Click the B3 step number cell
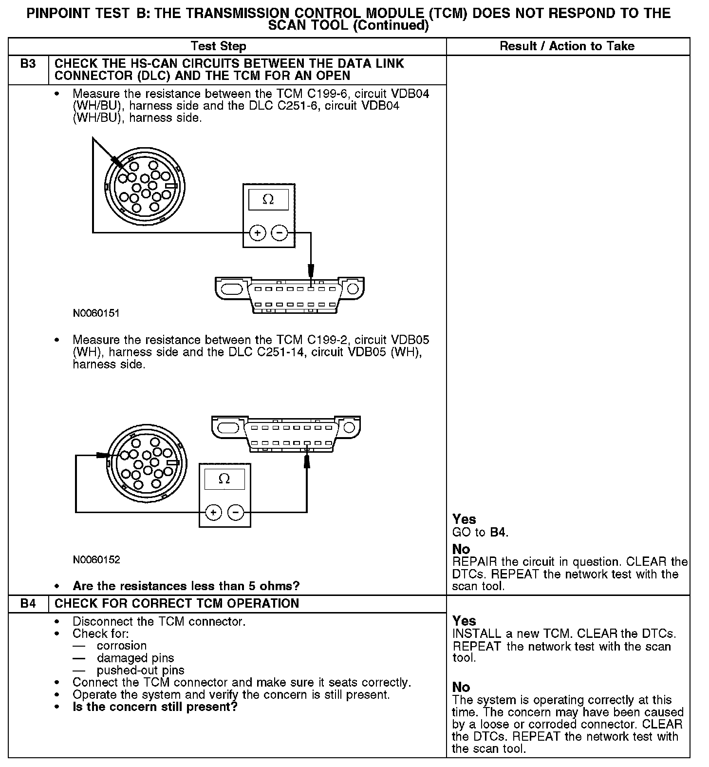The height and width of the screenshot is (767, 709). [x=28, y=64]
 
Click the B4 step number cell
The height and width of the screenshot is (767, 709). [x=28, y=604]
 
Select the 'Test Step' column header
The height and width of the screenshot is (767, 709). [x=219, y=46]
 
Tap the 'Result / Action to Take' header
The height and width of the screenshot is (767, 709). [x=567, y=46]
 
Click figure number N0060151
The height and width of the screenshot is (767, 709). [x=96, y=313]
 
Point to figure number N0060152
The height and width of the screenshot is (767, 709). [x=96, y=560]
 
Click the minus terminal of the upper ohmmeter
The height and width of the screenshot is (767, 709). [x=279, y=233]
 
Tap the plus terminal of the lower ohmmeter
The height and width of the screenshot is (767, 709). [x=213, y=512]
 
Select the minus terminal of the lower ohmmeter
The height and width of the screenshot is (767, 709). [x=236, y=512]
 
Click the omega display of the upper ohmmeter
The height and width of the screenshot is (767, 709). [x=268, y=200]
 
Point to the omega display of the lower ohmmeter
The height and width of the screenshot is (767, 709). [x=224, y=479]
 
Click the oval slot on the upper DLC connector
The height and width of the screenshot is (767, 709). [x=232, y=289]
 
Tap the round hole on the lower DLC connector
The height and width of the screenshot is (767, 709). [x=349, y=428]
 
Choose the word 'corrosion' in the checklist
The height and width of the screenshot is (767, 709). [x=122, y=646]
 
